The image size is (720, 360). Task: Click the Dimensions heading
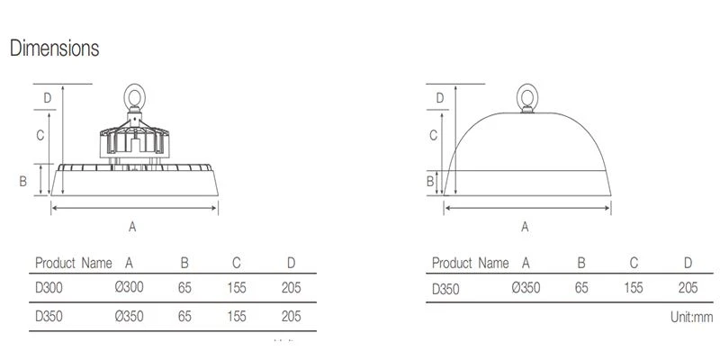click(54, 49)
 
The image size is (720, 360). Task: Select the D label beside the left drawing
click(48, 98)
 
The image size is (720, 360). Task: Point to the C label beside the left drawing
click(40, 135)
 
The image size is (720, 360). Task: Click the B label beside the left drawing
click(23, 182)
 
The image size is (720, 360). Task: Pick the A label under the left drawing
click(132, 227)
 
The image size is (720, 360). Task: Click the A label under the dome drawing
click(525, 227)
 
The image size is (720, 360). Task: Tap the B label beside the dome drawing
click(430, 182)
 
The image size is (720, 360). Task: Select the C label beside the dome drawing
click(433, 135)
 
